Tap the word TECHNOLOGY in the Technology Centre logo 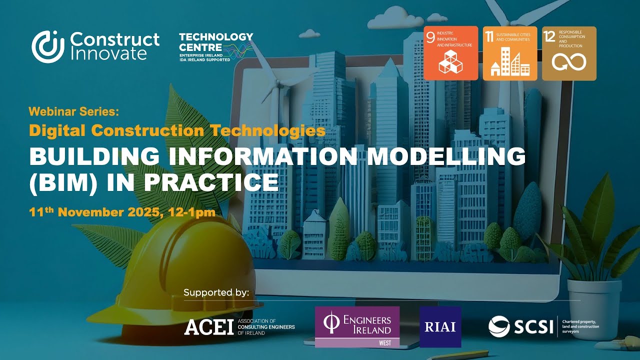tap(216, 37)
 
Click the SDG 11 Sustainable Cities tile tap(509, 53)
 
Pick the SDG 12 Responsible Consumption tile tap(569, 53)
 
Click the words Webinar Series tap(74, 111)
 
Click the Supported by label tap(216, 292)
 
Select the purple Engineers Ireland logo tap(357, 326)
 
